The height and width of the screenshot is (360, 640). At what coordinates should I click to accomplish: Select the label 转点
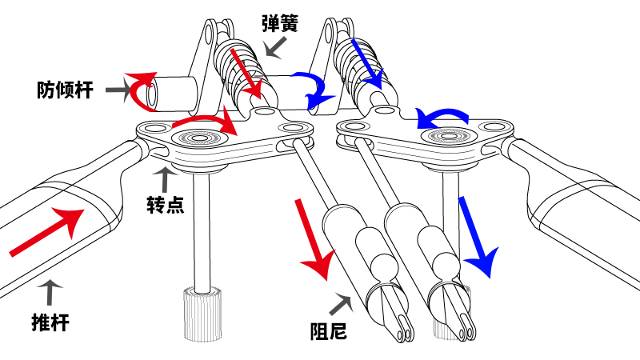(166, 205)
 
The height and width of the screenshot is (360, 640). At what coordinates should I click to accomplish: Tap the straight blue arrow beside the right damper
(475, 237)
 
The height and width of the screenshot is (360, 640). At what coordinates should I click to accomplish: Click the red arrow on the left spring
(246, 71)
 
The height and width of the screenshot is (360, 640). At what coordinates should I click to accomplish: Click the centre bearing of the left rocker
(206, 139)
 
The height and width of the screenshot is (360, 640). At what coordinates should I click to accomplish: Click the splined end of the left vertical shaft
(202, 314)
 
